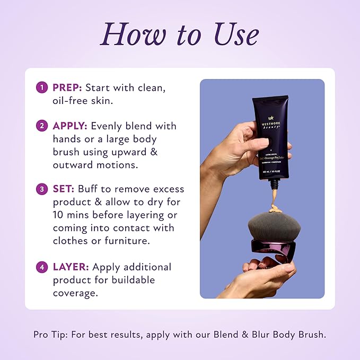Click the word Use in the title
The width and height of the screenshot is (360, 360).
point(229,34)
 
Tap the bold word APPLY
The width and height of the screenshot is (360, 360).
point(71,126)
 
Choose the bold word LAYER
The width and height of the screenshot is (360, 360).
point(70,267)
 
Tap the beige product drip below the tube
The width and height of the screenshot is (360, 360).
point(275,199)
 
